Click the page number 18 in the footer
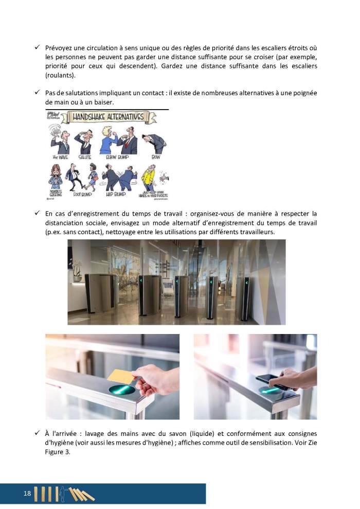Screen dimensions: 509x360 click(x=27, y=494)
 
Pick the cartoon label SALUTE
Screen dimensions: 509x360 click(x=85, y=156)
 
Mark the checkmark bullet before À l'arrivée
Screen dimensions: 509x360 click(x=38, y=434)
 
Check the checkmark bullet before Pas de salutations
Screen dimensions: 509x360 click(x=38, y=93)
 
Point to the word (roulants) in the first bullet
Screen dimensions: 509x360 click(x=60, y=76)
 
